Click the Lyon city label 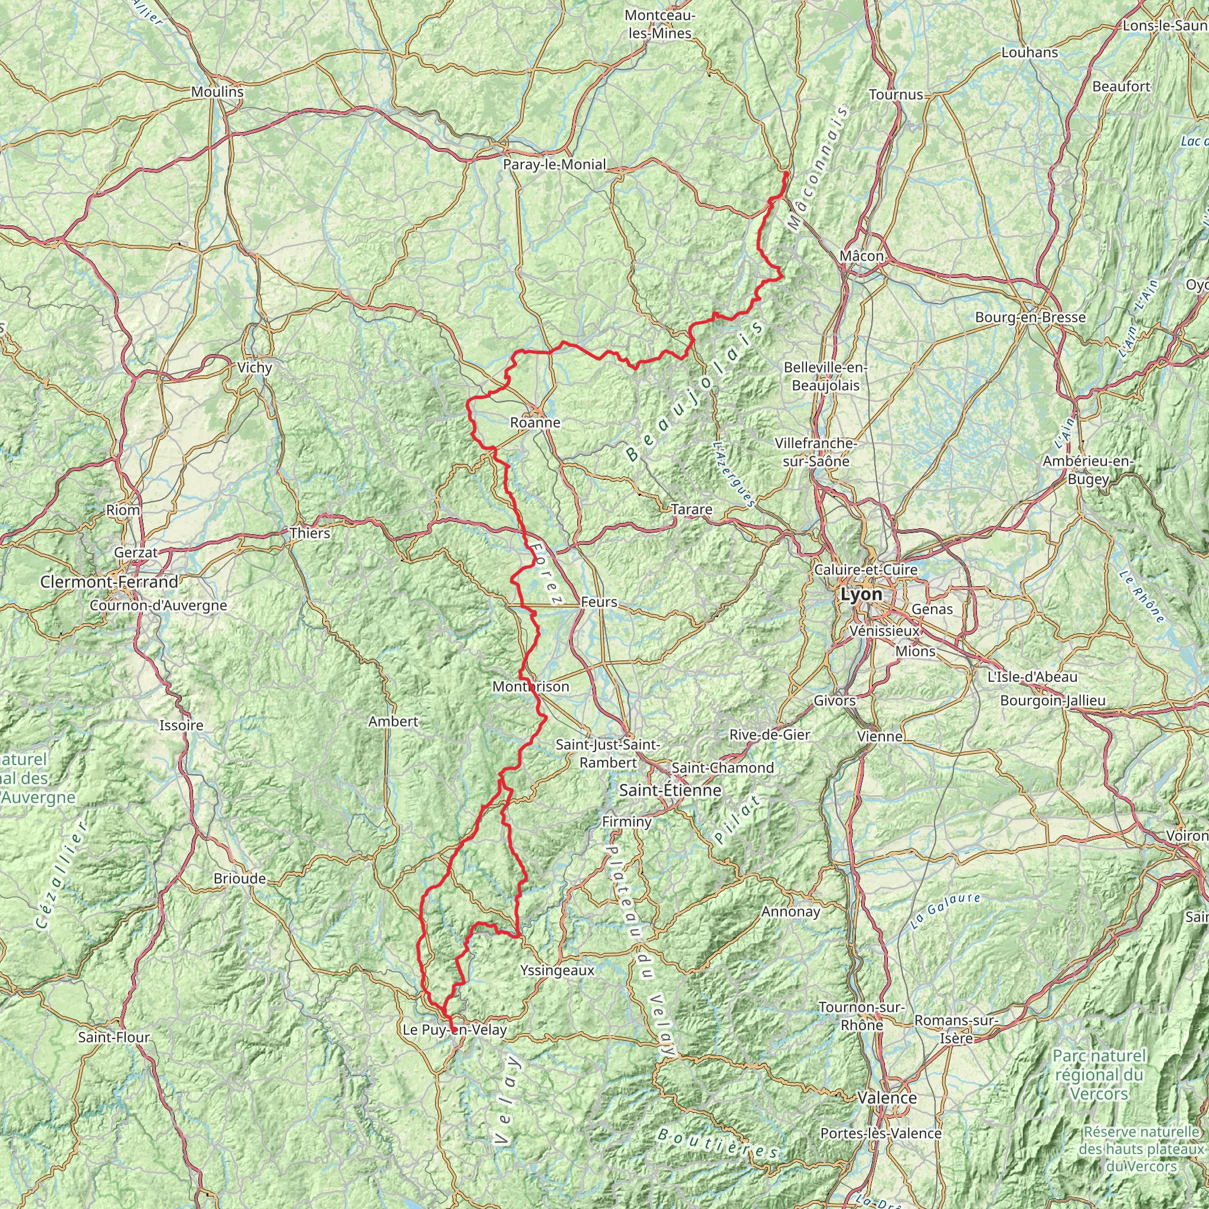pyautogui.click(x=861, y=594)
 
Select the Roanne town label pyautogui.click(x=535, y=423)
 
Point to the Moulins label pyautogui.click(x=217, y=92)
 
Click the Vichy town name pyautogui.click(x=254, y=367)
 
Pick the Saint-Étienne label pyautogui.click(x=670, y=790)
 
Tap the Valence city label pyautogui.click(x=887, y=1097)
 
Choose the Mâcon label pyautogui.click(x=862, y=256)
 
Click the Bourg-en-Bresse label pyautogui.click(x=1030, y=317)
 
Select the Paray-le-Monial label pyautogui.click(x=554, y=165)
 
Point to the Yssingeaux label pyautogui.click(x=557, y=971)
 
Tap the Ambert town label pyautogui.click(x=393, y=721)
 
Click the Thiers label pyautogui.click(x=310, y=533)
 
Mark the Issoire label pyautogui.click(x=181, y=726)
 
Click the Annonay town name pyautogui.click(x=790, y=911)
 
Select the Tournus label pyautogui.click(x=896, y=94)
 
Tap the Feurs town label pyautogui.click(x=599, y=602)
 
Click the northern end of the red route pyautogui.click(x=785, y=173)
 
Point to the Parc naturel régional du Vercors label pyautogui.click(x=1099, y=1074)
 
